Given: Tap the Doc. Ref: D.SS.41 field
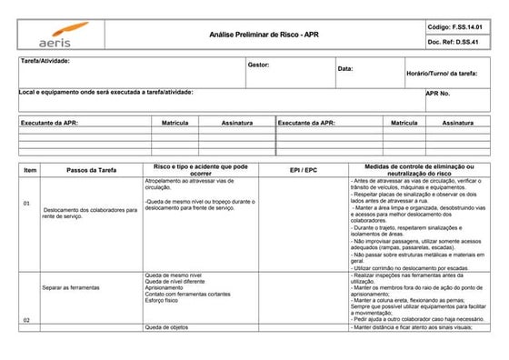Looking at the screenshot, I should [x=459, y=42].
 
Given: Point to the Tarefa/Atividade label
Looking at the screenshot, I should [x=45, y=61].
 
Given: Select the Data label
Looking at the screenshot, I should [x=345, y=69].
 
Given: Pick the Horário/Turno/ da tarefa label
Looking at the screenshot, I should [x=442, y=72].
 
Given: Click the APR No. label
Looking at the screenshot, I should [x=438, y=93].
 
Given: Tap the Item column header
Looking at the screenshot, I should [x=30, y=170].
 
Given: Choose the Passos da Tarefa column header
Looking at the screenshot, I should [x=91, y=170].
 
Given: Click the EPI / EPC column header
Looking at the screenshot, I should [x=304, y=170].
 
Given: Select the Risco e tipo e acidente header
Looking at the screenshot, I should [x=202, y=170].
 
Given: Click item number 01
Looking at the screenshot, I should [x=28, y=204].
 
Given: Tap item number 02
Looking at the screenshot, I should [x=27, y=320].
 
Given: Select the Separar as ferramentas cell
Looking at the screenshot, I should [x=71, y=287].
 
